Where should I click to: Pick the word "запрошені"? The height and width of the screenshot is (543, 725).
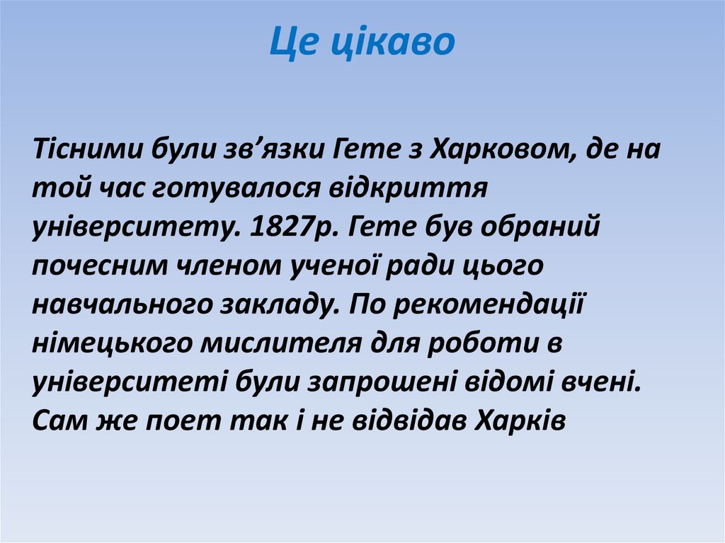[x=382, y=383]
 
